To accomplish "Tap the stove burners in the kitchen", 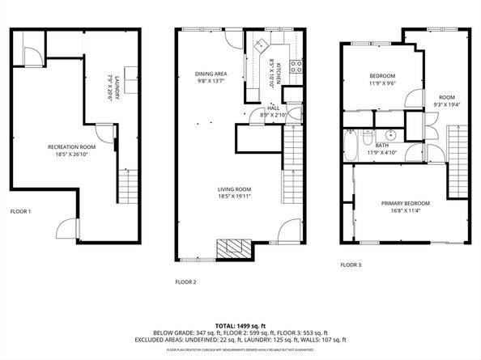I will pos(296,66).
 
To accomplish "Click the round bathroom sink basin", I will pos(390,136).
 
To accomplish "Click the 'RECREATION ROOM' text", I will pos(71,146).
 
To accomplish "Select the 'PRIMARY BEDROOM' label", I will pos(405,203).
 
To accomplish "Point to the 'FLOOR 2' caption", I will pos(186,282).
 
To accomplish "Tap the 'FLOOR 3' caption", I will pos(351,265).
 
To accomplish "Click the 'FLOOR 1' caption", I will pos(20,211).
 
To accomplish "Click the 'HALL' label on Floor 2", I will pos(274,107).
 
